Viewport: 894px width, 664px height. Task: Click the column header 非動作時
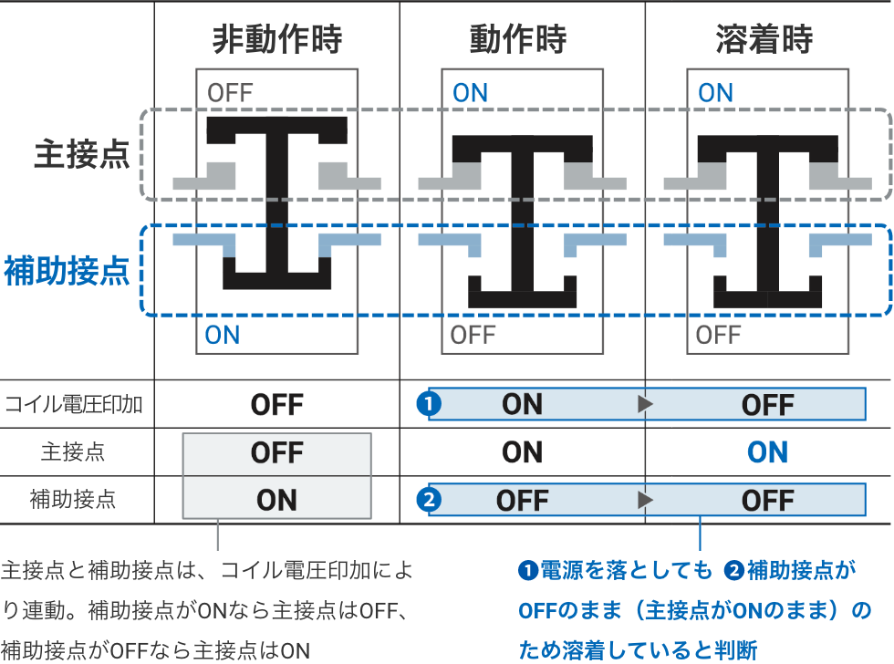click(x=276, y=39)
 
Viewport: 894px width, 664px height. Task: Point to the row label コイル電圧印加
click(x=73, y=404)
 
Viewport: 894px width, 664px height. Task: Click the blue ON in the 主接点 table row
click(x=767, y=452)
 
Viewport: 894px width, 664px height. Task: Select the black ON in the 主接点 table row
click(x=522, y=452)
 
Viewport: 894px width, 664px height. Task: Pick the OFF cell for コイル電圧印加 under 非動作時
click(x=276, y=404)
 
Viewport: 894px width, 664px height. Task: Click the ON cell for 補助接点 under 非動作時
click(x=276, y=500)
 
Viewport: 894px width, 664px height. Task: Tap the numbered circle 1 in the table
click(x=428, y=404)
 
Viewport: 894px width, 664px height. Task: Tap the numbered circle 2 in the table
click(x=428, y=500)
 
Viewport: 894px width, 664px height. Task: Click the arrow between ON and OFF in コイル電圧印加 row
click(x=645, y=404)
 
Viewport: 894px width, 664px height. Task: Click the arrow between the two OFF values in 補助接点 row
click(x=645, y=500)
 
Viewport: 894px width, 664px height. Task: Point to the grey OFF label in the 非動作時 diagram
click(x=230, y=93)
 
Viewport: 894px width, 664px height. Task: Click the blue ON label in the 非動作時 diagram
click(x=223, y=335)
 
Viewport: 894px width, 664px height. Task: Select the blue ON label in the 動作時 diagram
click(x=471, y=93)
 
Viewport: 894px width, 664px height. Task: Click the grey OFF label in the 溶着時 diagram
click(x=718, y=335)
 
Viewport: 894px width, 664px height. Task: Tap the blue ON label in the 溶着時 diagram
click(x=715, y=93)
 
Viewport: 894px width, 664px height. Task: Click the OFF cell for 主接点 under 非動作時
click(x=276, y=452)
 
